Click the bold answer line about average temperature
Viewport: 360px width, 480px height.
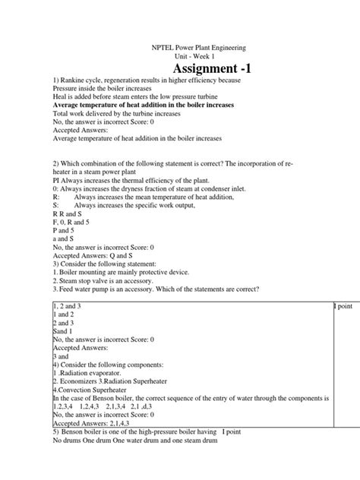click(x=143, y=105)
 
